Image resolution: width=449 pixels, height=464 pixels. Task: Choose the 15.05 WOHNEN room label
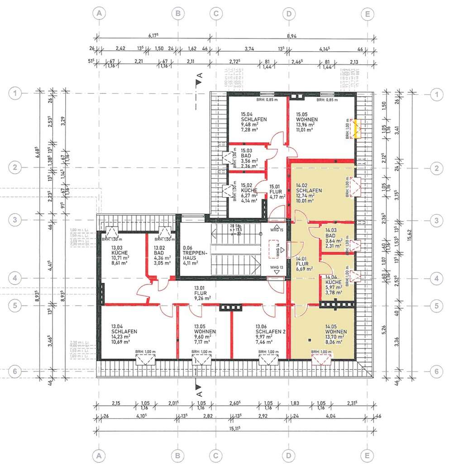pos(306,120)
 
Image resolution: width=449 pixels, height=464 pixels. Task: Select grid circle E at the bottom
pos(367,454)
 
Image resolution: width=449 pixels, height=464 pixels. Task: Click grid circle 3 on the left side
pos(16,220)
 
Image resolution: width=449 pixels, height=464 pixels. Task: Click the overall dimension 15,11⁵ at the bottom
pos(231,429)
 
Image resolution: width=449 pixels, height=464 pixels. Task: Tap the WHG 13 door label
pos(277,267)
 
